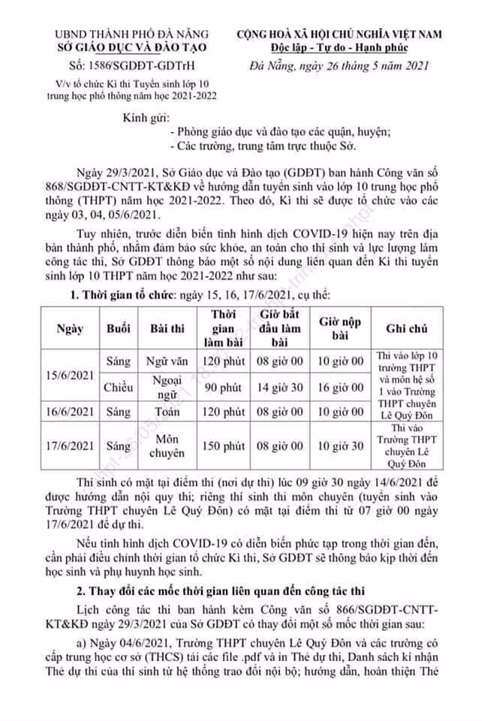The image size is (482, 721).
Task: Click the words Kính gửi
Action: click(x=147, y=119)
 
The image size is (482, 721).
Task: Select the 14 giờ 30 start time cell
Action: click(x=279, y=388)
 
